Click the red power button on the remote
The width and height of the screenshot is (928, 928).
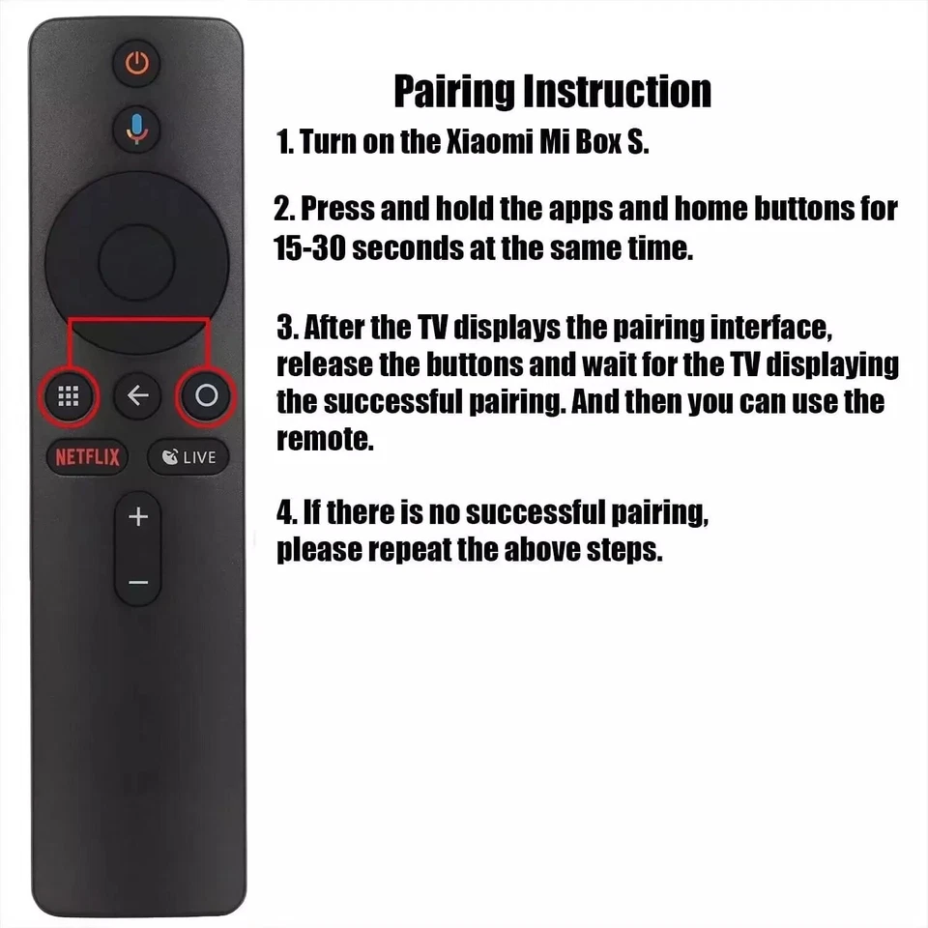[x=138, y=65]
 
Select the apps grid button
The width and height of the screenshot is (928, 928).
[x=69, y=396]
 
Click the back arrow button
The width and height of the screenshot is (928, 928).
[x=138, y=396]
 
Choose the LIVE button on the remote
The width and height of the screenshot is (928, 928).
[x=188, y=457]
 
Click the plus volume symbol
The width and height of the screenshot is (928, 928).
[x=138, y=517]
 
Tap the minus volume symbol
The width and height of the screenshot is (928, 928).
[x=138, y=582]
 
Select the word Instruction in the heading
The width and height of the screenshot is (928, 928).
[x=618, y=92]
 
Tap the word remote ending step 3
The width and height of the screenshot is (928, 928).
[x=323, y=441]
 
